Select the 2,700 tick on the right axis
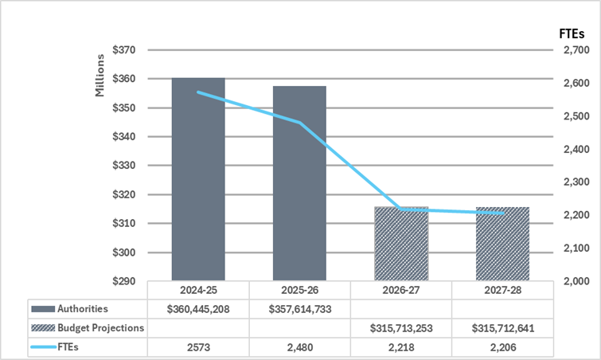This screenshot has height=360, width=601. pos(574,49)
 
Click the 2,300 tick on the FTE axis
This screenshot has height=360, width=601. pos(574,182)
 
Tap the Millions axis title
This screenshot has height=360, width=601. pos(100,76)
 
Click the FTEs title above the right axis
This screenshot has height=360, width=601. pos(571,33)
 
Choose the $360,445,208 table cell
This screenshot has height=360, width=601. pos(198,308)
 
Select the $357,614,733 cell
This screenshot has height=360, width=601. pos(299,308)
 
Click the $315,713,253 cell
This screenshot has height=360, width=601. pos(401,328)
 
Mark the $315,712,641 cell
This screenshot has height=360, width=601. pos(502,328)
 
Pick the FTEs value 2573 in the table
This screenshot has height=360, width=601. pos(198,348)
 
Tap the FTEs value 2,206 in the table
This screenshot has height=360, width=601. pos(502,348)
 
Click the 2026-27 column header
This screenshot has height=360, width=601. pos(401,290)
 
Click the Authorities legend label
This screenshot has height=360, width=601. pos(83,308)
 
